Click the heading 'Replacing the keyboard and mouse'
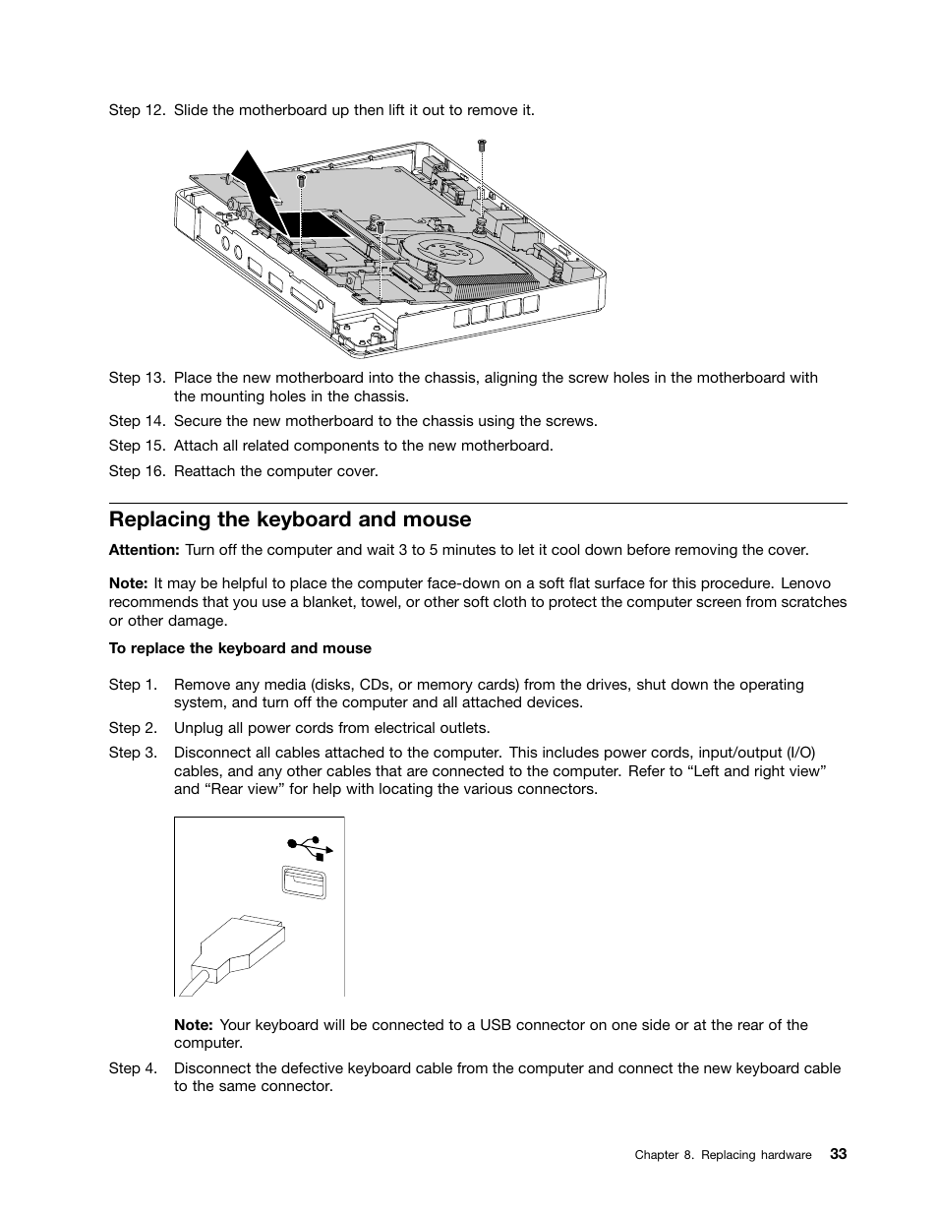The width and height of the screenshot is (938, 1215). [290, 519]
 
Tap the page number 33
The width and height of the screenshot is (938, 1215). [837, 1154]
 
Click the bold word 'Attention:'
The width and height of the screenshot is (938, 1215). [144, 550]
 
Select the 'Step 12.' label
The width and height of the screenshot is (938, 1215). [137, 110]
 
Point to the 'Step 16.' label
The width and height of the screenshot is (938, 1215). [137, 471]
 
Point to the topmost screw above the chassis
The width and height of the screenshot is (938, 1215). [482, 146]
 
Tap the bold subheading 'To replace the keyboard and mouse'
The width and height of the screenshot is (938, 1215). [240, 648]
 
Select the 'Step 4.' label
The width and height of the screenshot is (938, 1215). [133, 1068]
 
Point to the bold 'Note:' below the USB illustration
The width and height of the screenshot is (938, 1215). [194, 1025]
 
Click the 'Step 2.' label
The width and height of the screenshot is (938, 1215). [133, 728]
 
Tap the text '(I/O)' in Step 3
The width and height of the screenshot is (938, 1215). [800, 753]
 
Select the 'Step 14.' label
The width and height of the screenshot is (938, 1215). [137, 421]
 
